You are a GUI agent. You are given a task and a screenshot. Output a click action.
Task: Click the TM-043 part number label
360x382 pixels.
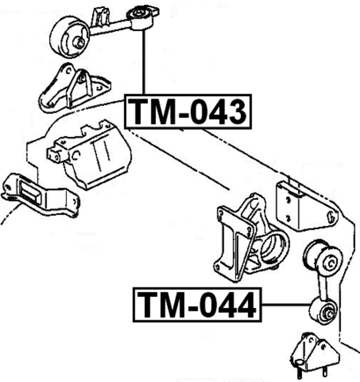click(188, 111)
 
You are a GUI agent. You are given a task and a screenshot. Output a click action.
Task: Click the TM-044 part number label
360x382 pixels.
click(197, 305)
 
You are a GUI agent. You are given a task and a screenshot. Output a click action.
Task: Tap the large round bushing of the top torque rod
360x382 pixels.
click(70, 37)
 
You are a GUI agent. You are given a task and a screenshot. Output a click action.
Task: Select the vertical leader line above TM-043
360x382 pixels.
click(144, 62)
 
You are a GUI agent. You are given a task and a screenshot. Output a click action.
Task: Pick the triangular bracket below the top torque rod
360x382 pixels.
click(74, 89)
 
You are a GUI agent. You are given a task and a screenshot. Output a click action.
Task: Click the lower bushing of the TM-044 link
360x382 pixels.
click(323, 311)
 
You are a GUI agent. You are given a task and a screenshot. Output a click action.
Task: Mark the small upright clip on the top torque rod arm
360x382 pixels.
click(100, 16)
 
